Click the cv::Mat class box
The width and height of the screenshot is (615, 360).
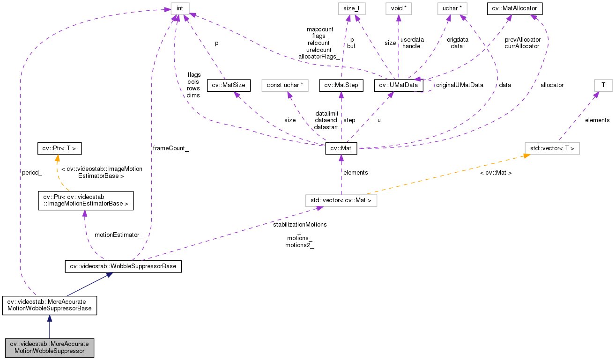point(341,149)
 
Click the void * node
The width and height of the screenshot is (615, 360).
point(398,8)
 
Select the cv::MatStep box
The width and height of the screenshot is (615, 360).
point(341,85)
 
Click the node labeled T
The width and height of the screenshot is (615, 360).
point(603,85)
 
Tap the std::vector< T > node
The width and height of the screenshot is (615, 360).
point(552,149)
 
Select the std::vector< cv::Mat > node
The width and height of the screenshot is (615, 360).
point(341,200)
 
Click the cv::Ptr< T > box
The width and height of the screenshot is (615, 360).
point(59,149)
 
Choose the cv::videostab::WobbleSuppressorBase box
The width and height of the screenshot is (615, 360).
point(123,266)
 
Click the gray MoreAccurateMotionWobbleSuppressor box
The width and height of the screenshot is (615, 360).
point(49,347)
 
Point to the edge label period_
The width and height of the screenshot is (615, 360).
point(32,172)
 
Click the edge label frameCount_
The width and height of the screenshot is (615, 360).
point(170,148)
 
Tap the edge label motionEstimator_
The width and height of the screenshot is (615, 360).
point(119,235)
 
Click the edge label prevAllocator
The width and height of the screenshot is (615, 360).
point(523,40)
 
